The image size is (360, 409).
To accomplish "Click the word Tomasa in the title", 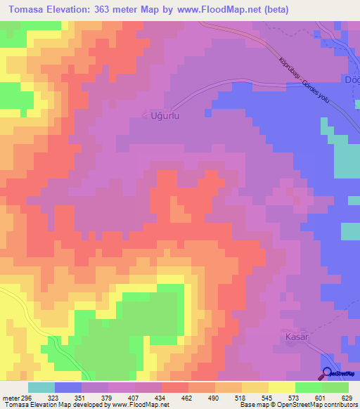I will (29, 10).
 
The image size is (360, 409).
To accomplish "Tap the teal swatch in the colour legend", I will (41, 387).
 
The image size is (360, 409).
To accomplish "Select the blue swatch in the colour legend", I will (68, 387).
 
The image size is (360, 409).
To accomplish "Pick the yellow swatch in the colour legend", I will (282, 387).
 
